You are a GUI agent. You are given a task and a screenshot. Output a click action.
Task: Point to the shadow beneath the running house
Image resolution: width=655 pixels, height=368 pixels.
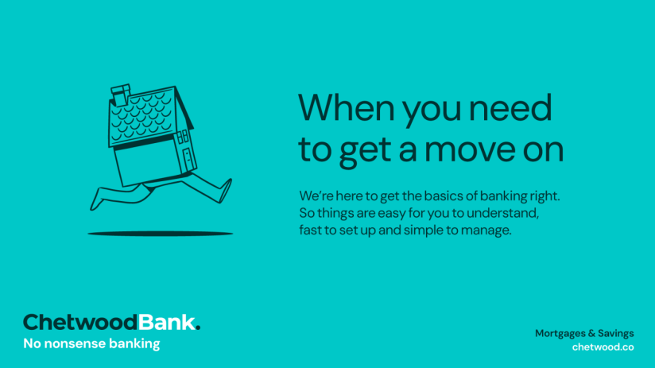tap(160, 234)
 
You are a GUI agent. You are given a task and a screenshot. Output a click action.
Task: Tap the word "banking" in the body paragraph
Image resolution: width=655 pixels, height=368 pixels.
tap(498, 196)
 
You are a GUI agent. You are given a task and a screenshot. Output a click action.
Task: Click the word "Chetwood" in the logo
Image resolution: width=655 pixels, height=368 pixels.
tap(79, 322)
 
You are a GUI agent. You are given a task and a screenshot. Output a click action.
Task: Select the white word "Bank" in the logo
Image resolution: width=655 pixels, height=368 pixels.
tap(165, 322)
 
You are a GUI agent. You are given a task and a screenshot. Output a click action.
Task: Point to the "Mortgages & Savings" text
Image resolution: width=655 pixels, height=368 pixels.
tap(584, 333)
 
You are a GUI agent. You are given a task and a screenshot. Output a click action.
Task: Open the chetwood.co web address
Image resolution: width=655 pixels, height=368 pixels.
tap(603, 347)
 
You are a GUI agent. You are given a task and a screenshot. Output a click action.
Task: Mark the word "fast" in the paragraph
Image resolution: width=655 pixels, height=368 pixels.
tap(311, 231)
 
